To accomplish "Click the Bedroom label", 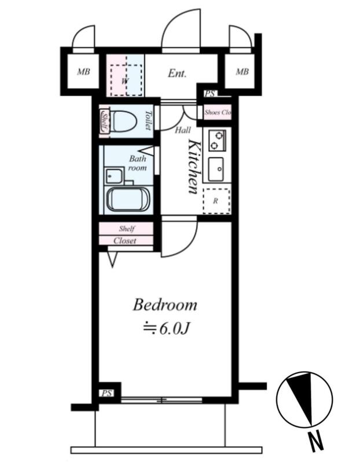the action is click(165, 306).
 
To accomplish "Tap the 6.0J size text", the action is click(166, 328).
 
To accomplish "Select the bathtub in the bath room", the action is click(128, 199).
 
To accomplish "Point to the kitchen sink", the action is click(216, 169).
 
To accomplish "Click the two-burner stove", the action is click(217, 140).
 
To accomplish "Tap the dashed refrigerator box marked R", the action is click(216, 201).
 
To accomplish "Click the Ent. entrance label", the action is click(177, 74).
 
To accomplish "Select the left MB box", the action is click(83, 71).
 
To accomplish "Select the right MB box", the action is click(242, 71).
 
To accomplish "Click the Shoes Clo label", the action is click(218, 112).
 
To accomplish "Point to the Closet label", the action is click(125, 241).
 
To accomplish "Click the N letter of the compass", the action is click(316, 442).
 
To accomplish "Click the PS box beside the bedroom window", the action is click(107, 394).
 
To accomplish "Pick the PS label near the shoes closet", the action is click(210, 94).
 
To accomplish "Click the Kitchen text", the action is click(194, 167).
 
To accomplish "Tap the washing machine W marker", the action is click(125, 80).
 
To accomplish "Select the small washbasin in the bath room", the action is click(113, 176).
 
